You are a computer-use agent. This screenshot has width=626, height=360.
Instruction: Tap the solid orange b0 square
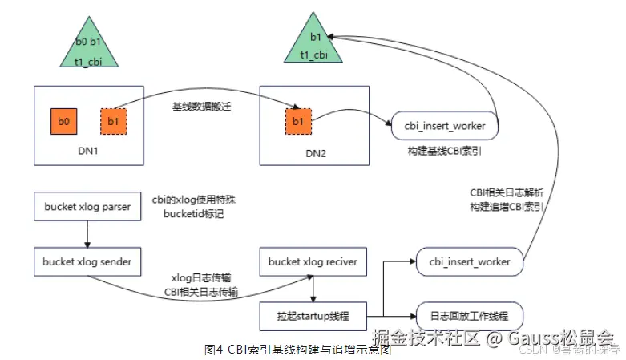click(x=63, y=122)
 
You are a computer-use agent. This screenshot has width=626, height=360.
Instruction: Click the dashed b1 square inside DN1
click(x=112, y=122)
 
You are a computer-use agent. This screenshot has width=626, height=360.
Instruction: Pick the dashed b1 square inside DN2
click(x=298, y=122)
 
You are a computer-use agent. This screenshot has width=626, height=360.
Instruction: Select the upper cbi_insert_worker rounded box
click(x=446, y=127)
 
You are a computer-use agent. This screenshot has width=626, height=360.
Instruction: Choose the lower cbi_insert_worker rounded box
click(x=471, y=261)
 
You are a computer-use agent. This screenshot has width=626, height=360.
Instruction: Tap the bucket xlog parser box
click(x=88, y=205)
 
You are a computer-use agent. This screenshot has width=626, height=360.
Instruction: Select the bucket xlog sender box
click(x=88, y=261)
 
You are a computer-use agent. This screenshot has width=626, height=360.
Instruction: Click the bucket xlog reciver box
click(x=313, y=261)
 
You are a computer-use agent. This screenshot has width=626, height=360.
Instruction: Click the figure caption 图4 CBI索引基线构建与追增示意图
click(x=297, y=350)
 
